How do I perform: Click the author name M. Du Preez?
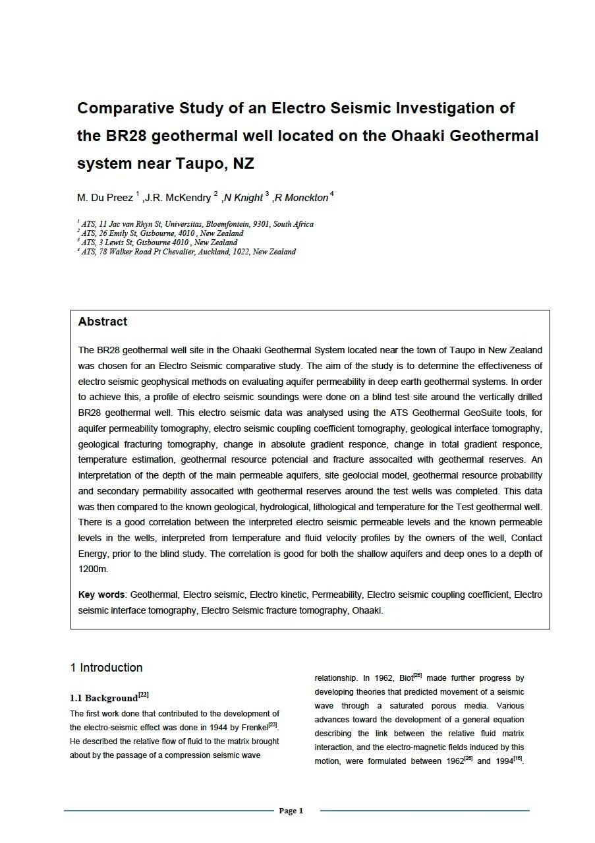click(105, 198)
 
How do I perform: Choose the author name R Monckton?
click(301, 198)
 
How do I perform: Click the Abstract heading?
click(103, 322)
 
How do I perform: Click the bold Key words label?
click(101, 595)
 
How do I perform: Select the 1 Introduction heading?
click(106, 668)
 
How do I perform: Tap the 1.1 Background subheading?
click(103, 698)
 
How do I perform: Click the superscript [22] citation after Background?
click(144, 695)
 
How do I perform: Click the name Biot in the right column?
click(403, 678)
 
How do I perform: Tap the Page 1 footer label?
click(291, 811)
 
